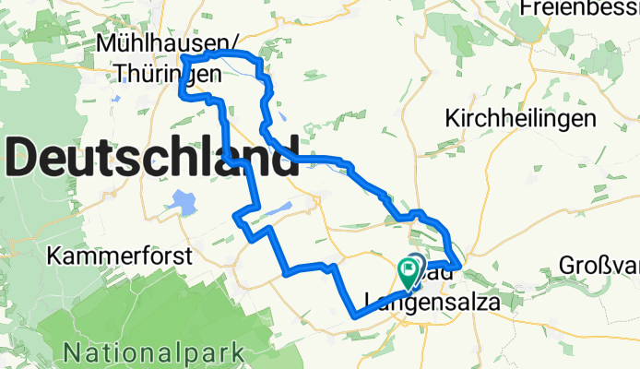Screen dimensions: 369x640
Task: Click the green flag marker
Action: pyautogui.click(x=408, y=270)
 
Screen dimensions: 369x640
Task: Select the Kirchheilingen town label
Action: pyautogui.click(x=520, y=119)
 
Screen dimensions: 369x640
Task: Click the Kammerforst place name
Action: pyautogui.click(x=122, y=256)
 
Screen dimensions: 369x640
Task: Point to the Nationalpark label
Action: pyautogui.click(x=154, y=351)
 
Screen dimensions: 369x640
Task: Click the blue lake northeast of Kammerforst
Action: pyautogui.click(x=184, y=202)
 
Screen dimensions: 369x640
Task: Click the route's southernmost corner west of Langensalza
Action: pyautogui.click(x=354, y=315)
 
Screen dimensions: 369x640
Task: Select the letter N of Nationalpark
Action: pyautogui.click(x=73, y=351)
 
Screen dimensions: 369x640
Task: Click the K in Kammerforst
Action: pyautogui.click(x=58, y=256)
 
